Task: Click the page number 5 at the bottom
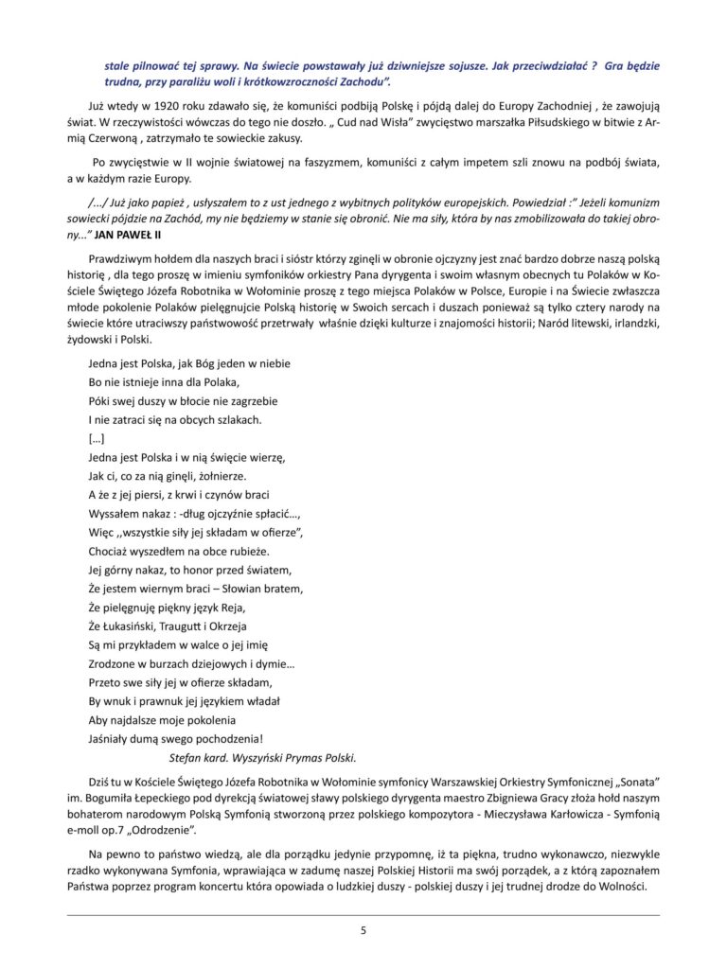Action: point(363,930)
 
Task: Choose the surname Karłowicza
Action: point(543,815)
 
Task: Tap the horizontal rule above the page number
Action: point(363,915)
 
